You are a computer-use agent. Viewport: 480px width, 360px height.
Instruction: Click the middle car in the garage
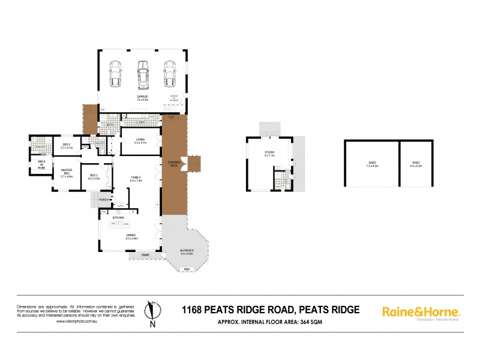coord(142,74)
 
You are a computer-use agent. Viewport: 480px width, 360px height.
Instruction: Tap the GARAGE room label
coord(142,97)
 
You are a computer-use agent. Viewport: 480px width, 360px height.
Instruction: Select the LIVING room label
coord(140,140)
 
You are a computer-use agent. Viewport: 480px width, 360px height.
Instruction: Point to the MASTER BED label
coord(66,172)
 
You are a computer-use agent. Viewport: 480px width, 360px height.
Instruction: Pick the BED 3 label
coord(67,146)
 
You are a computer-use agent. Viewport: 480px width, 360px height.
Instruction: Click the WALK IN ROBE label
coord(41,164)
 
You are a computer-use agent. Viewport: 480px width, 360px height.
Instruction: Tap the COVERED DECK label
coord(174,163)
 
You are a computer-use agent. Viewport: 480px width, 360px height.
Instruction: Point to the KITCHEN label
coord(118,217)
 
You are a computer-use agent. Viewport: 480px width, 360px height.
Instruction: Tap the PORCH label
coord(104,200)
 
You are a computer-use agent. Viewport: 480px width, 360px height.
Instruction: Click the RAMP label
coord(145,254)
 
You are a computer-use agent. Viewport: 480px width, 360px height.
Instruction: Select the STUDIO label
coord(270,153)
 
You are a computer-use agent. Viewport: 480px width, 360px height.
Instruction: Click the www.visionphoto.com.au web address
coord(76,321)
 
